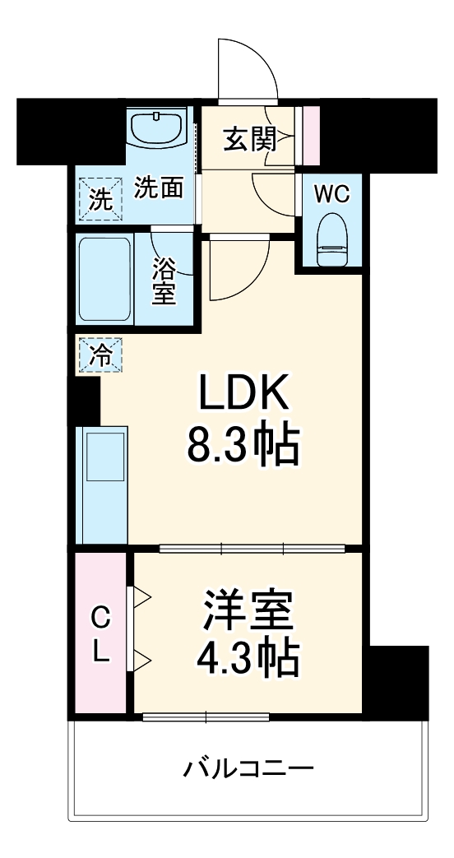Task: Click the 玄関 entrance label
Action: click(249, 141)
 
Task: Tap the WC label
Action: click(333, 194)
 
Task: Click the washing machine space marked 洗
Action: click(100, 200)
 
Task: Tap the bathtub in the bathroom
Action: click(104, 280)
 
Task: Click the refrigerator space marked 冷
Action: click(99, 356)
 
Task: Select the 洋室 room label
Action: click(247, 610)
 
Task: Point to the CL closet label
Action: click(100, 633)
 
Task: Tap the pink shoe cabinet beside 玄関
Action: click(310, 133)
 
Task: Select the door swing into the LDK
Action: click(239, 267)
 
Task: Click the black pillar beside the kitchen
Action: click(86, 402)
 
